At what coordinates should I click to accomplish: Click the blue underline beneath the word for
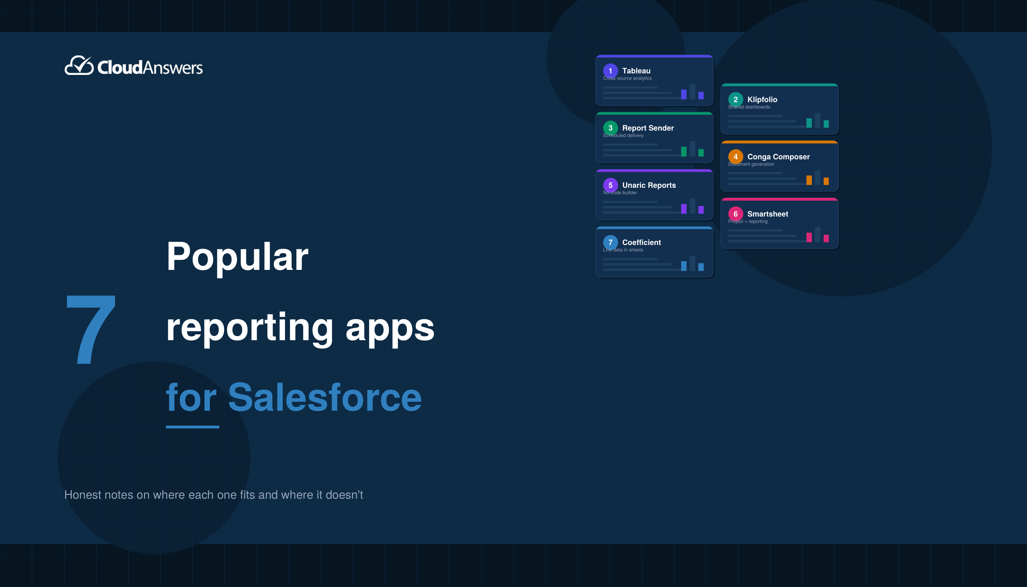(192, 427)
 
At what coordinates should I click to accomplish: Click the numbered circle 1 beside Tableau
(610, 71)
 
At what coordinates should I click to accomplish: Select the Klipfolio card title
(762, 100)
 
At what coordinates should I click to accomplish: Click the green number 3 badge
(610, 128)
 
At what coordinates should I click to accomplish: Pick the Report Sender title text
(648, 128)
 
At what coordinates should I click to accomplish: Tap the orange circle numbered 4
(735, 157)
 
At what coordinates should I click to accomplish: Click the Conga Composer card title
(778, 157)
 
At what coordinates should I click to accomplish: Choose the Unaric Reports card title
(649, 185)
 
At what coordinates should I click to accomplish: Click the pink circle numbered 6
(735, 214)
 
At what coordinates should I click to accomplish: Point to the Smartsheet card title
(768, 214)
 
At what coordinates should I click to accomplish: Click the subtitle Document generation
(751, 164)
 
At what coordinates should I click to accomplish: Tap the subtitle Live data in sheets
(623, 250)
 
